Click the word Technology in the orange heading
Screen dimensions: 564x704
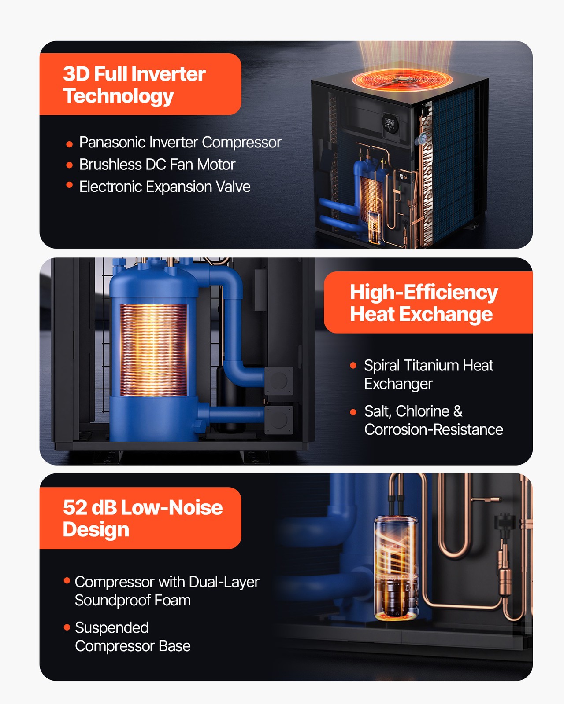[118, 96]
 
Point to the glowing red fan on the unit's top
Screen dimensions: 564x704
[402, 79]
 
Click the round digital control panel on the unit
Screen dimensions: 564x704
[391, 123]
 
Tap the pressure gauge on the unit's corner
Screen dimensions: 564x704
[423, 138]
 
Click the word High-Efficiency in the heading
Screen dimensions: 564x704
[424, 293]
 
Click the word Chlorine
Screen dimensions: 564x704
[422, 411]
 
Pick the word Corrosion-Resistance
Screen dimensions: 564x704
[434, 429]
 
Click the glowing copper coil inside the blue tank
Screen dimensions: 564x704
[153, 350]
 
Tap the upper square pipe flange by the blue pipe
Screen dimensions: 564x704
[278, 381]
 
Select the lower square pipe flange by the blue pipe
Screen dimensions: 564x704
[278, 420]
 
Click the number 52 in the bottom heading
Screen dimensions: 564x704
[75, 507]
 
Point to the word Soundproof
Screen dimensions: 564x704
[112, 600]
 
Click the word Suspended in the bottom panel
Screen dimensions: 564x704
[112, 628]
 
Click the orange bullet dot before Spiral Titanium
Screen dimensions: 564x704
[353, 365]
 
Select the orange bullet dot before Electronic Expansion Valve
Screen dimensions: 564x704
[69, 185]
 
